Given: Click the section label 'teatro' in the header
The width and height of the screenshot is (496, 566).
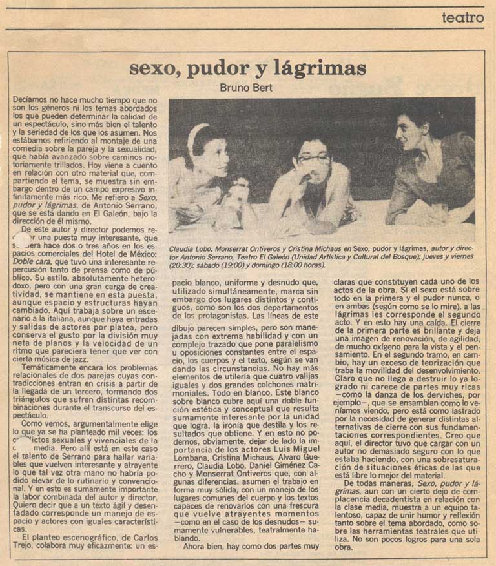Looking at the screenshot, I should pos(462,18).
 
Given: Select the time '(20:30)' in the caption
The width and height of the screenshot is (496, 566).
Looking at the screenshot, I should pos(181,264).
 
